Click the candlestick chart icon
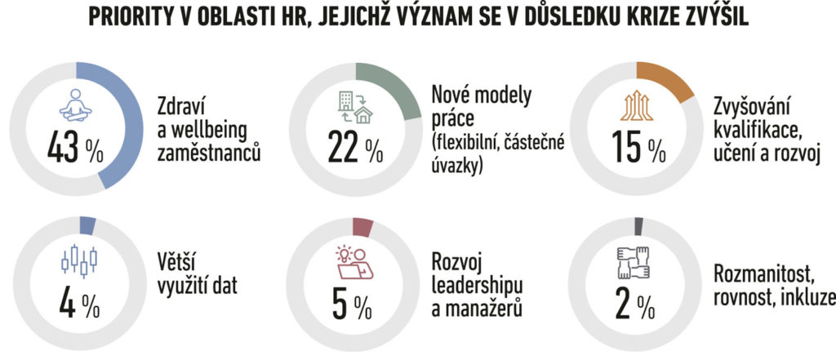click(x=78, y=261)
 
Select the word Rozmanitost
click(x=763, y=276)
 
